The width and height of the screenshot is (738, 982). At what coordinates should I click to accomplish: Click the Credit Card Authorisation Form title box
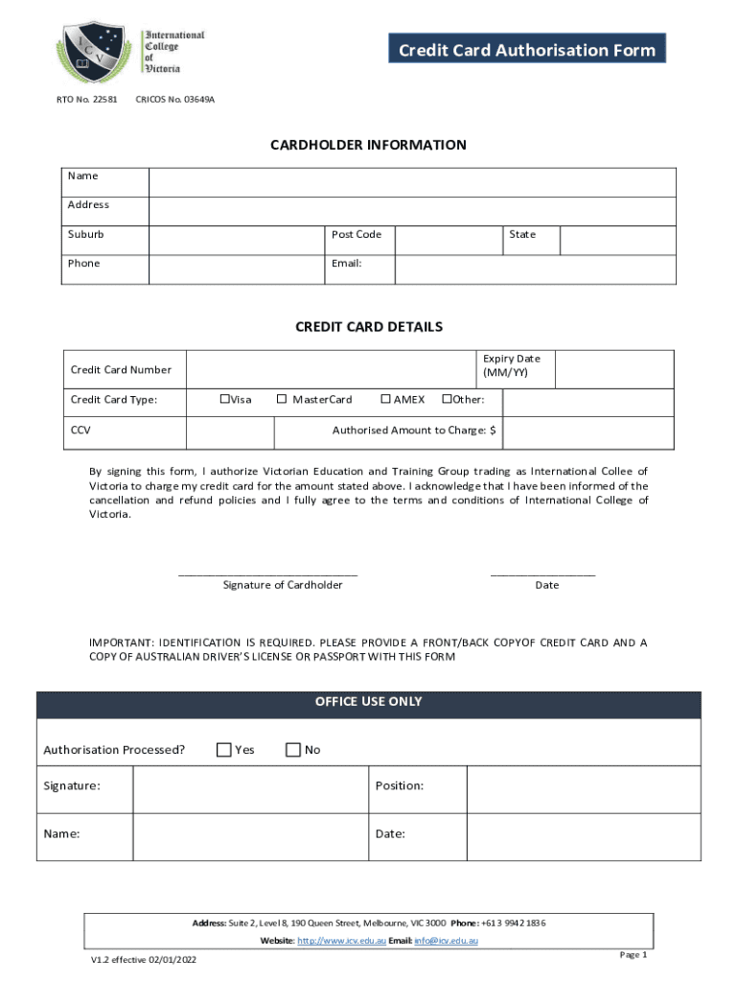(x=526, y=50)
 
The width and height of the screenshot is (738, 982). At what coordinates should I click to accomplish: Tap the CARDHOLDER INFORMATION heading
(x=368, y=145)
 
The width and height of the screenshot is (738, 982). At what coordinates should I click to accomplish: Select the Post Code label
(x=357, y=235)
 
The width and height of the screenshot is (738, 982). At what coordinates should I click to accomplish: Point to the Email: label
(x=347, y=264)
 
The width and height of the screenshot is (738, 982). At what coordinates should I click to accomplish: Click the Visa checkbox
(x=224, y=400)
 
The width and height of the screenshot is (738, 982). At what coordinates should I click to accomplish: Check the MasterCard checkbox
(x=282, y=400)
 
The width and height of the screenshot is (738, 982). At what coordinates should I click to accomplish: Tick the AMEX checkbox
(x=385, y=400)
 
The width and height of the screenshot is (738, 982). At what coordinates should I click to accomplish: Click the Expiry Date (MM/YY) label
(x=512, y=365)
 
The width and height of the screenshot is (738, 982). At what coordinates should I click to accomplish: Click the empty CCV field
(x=229, y=432)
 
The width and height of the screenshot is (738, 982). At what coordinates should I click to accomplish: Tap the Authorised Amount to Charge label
(x=414, y=431)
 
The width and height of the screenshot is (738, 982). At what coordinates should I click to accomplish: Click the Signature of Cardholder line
(x=268, y=573)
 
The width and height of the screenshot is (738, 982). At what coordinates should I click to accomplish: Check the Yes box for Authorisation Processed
(x=224, y=750)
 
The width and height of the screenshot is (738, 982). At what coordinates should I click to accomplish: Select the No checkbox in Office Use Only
(x=293, y=750)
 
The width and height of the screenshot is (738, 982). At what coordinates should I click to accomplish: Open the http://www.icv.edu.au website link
(x=341, y=941)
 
